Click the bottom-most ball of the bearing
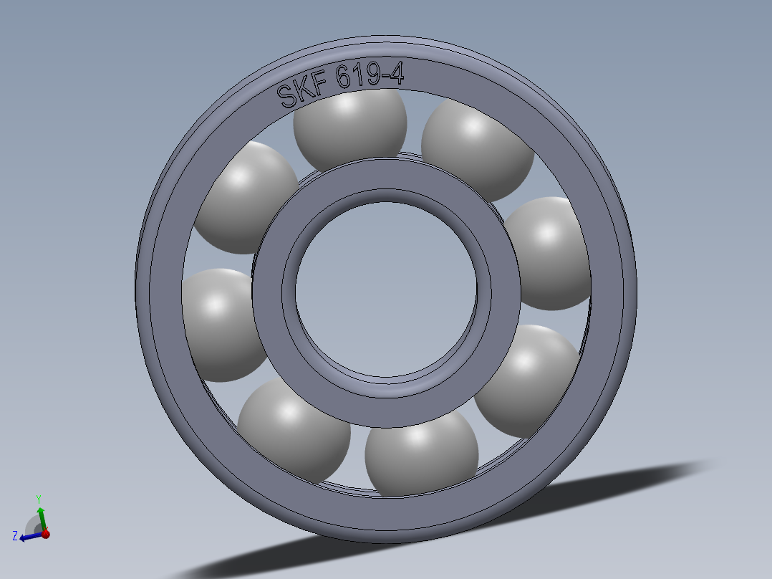(421, 459)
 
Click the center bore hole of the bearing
(385, 290)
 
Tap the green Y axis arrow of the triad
(41, 517)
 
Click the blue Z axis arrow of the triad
(29, 535)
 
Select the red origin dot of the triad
(45, 534)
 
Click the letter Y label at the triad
(39, 499)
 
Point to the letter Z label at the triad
(15, 535)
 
